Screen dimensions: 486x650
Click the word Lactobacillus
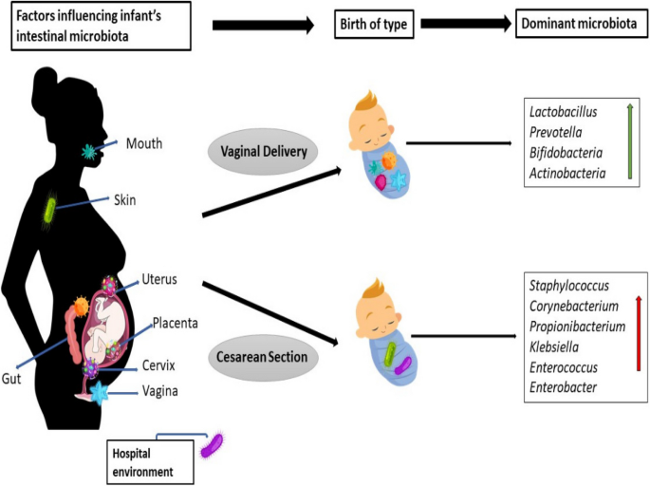[x=563, y=112]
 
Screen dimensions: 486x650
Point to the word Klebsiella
[x=557, y=346]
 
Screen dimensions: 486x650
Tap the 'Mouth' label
[x=145, y=144]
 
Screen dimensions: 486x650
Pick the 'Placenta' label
[x=175, y=323]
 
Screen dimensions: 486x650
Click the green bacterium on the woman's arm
[x=49, y=213]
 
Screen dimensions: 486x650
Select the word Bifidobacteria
[x=566, y=152]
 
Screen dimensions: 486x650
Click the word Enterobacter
[x=564, y=386]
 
